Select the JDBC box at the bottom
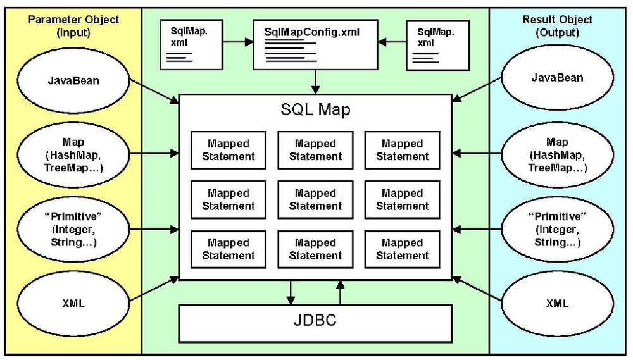(x=315, y=322)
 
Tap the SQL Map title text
(x=315, y=110)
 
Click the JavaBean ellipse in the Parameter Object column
(x=73, y=80)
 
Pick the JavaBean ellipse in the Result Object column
(x=557, y=78)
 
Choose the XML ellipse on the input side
(x=73, y=304)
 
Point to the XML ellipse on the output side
(x=557, y=304)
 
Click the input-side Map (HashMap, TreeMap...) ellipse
(x=73, y=155)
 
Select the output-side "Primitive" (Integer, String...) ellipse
(x=557, y=229)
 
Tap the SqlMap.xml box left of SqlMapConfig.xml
(x=190, y=44)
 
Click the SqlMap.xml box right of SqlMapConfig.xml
(x=437, y=44)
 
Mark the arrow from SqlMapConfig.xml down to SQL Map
(x=315, y=82)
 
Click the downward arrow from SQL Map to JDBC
(x=291, y=292)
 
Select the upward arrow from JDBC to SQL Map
(x=340, y=292)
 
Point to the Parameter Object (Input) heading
(x=73, y=26)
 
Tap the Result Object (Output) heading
(x=557, y=26)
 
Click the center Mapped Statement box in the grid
(x=315, y=200)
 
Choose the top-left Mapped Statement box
(x=228, y=151)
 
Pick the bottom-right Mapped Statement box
(x=402, y=249)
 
